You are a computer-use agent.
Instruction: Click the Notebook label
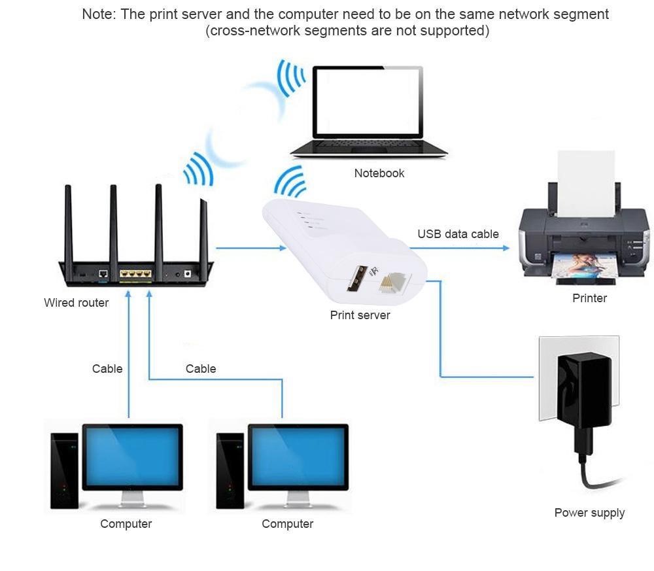click(x=379, y=173)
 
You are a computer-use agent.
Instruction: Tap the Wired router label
click(x=76, y=303)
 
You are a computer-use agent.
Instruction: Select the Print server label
click(x=360, y=315)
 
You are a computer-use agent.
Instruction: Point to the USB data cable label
click(x=458, y=234)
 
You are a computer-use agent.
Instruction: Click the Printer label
click(x=589, y=298)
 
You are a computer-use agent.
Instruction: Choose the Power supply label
click(x=589, y=513)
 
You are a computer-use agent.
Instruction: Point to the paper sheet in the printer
click(x=585, y=183)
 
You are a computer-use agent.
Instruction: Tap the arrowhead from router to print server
click(x=282, y=248)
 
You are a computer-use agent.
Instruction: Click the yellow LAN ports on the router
click(x=135, y=275)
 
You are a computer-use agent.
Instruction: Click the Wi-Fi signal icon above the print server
click(x=290, y=182)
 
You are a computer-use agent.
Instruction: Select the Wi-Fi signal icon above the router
click(x=198, y=169)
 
